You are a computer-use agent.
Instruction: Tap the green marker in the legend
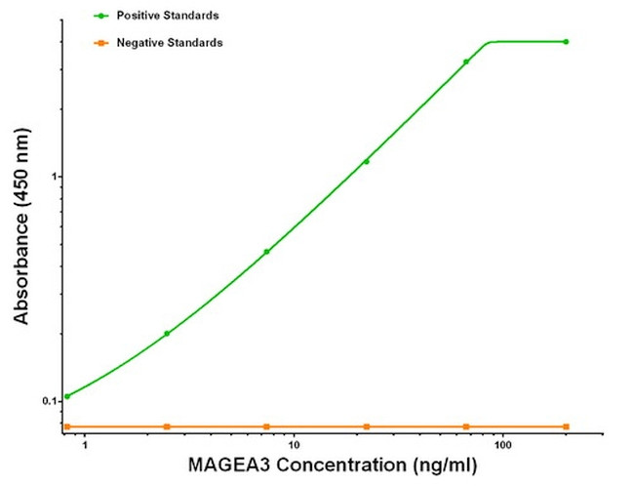(99, 17)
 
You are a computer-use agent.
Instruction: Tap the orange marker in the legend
(99, 43)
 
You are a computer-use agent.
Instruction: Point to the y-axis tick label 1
(56, 177)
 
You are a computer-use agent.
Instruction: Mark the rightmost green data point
(566, 42)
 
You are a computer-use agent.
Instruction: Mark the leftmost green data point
(66, 396)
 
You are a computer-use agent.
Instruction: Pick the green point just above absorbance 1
(367, 161)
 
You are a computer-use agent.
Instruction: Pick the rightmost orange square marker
(566, 426)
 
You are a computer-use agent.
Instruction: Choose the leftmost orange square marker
(66, 426)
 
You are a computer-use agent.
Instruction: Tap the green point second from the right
(466, 61)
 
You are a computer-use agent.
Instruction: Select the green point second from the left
(167, 333)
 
